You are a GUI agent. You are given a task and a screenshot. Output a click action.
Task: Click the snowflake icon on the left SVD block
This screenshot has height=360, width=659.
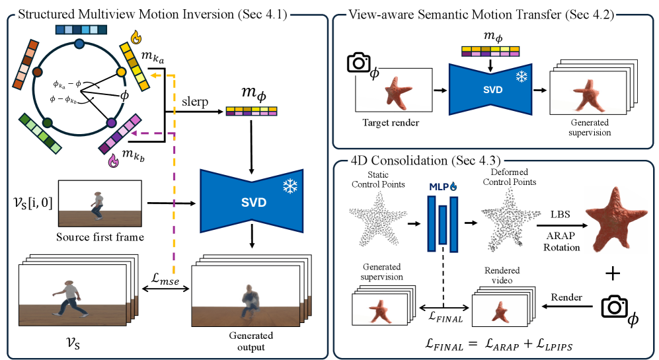tap(290, 187)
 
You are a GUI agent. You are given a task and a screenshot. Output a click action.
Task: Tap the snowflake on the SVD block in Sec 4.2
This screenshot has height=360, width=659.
tap(522, 76)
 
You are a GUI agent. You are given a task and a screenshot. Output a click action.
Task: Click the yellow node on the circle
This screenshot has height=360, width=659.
tap(121, 71)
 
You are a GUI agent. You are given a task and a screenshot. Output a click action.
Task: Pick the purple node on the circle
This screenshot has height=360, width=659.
tap(112, 123)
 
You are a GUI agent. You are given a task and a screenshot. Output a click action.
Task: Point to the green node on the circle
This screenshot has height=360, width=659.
tap(47, 122)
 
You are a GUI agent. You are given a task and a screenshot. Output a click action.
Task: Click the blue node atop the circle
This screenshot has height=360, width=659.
tap(79, 44)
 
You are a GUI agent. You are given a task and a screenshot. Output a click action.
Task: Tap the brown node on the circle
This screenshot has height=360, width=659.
tap(38, 71)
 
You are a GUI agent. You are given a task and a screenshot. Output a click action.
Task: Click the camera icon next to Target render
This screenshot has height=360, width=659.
tap(359, 63)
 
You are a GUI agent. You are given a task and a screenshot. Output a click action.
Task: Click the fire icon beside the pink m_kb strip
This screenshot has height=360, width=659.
tap(112, 160)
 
